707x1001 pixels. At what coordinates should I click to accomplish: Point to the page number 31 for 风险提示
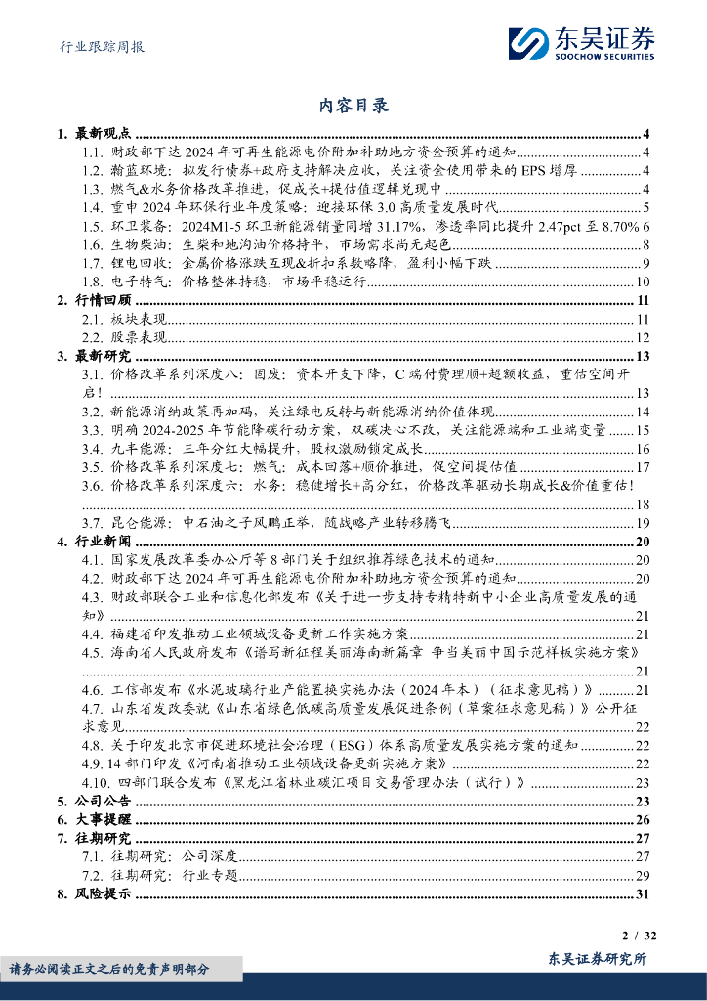coord(643,893)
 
